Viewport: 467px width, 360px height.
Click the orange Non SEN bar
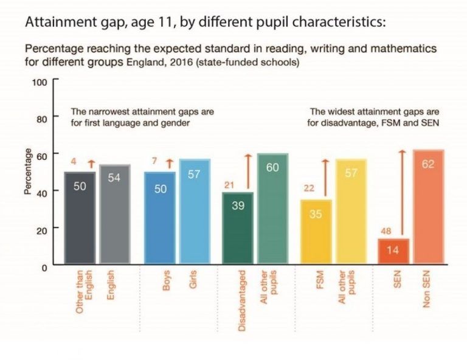(427, 207)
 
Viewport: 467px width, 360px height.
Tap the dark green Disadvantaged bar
(238, 229)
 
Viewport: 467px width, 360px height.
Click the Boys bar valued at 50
(160, 219)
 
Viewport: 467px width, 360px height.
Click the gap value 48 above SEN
(386, 231)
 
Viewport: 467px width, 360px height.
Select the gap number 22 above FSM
(309, 189)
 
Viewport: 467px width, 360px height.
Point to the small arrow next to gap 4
(91, 162)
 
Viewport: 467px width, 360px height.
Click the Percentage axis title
(27, 174)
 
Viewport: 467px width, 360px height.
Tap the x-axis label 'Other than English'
(83, 292)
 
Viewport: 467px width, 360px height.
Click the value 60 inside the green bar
(272, 167)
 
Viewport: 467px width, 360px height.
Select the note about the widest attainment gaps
(374, 117)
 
